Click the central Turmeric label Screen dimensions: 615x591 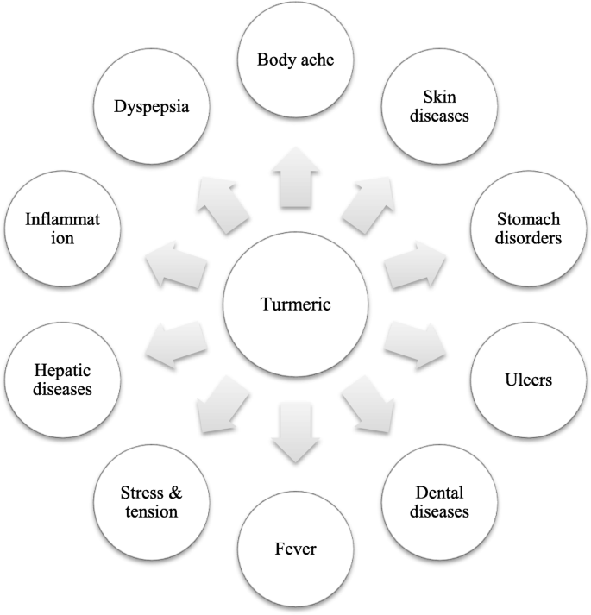295,304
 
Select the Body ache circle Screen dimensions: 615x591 295,60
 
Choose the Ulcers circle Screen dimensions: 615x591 528,379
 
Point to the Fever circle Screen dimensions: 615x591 295,549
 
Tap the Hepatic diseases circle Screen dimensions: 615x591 62,379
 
